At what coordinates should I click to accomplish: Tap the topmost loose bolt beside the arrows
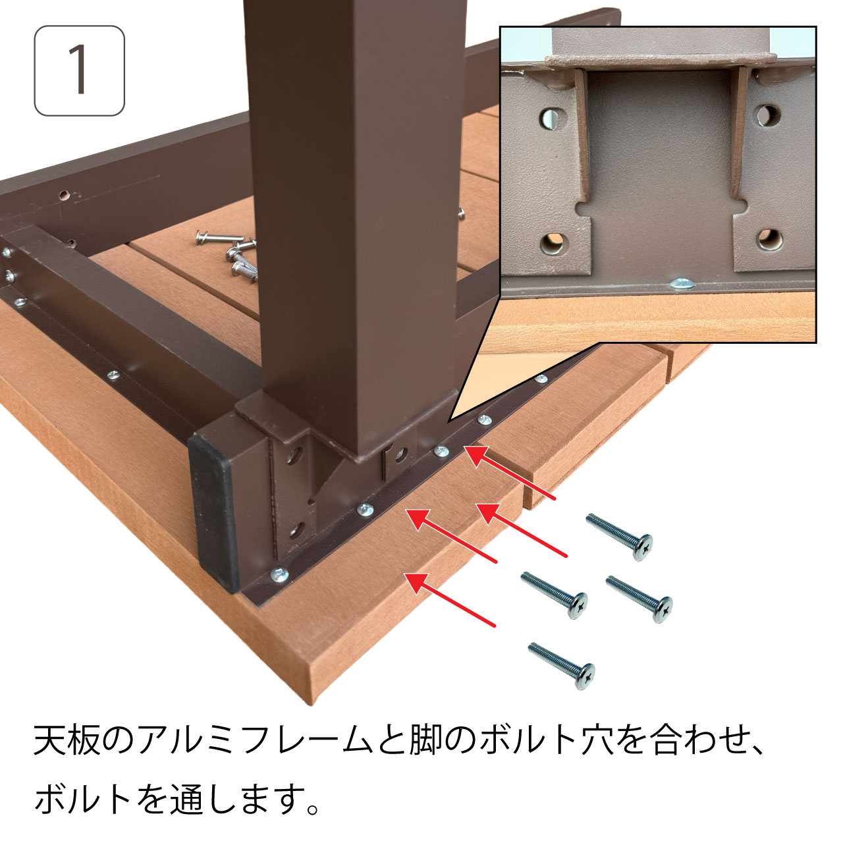pos(619,537)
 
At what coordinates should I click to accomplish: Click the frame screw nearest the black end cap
pos(279,574)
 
